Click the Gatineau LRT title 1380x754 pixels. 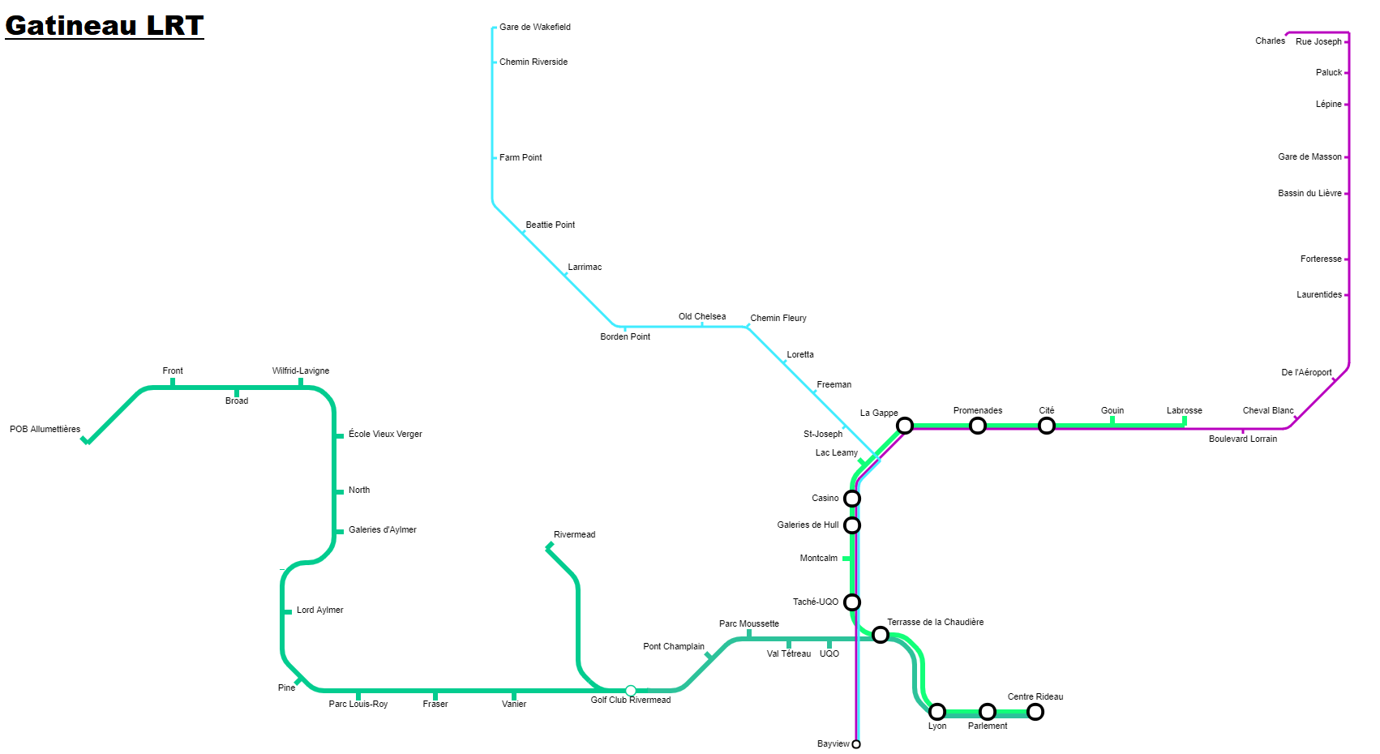pos(104,26)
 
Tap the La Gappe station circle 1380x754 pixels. pos(904,425)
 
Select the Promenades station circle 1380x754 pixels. pos(978,425)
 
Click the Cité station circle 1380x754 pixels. pos(1047,425)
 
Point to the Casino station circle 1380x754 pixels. pos(852,498)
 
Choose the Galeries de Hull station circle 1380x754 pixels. pos(852,525)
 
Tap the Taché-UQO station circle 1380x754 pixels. pos(852,602)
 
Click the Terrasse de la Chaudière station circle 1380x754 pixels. pos(881,635)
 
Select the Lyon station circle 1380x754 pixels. pos(937,712)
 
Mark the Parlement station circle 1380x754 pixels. pos(988,712)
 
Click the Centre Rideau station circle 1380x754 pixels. pos(1035,712)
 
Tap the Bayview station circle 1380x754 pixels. pos(856,744)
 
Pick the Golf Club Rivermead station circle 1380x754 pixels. pos(630,691)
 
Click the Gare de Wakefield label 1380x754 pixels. pos(535,27)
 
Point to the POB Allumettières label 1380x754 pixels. pos(45,430)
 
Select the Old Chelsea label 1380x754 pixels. pos(702,317)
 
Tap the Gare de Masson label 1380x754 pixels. pos(1309,157)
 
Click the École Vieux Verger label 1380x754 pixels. pos(386,434)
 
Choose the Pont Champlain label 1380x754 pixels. pos(674,647)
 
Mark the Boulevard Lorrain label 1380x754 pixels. pos(1243,439)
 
